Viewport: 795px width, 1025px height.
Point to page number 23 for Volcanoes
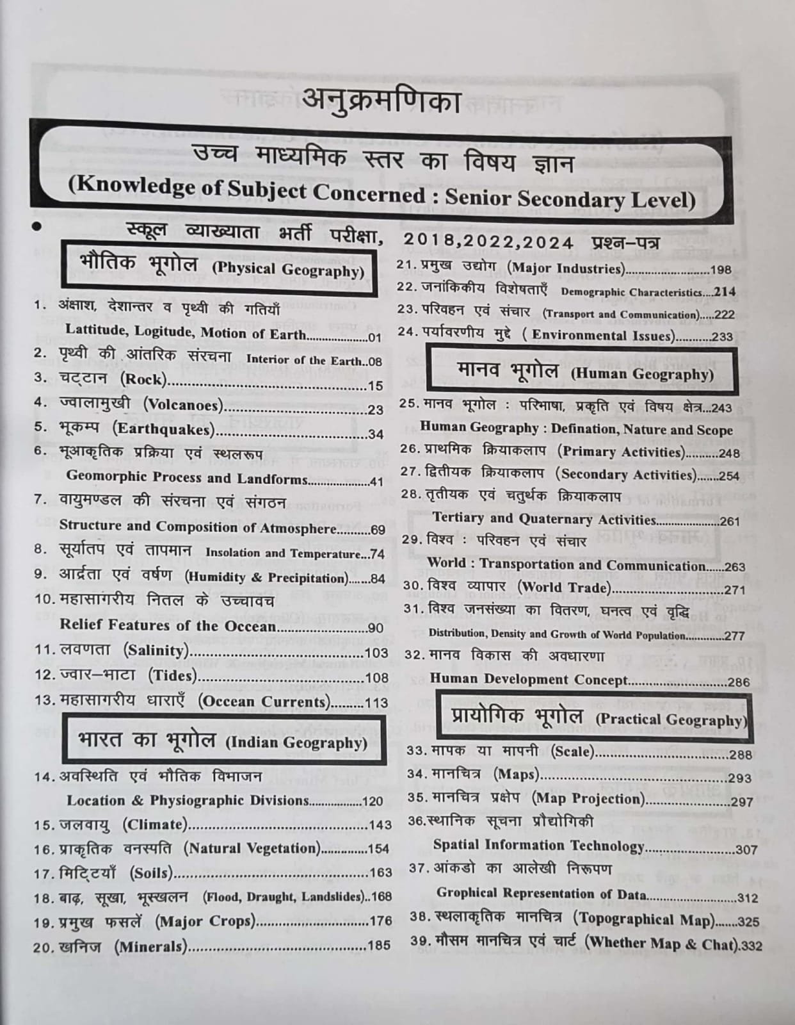tap(376, 410)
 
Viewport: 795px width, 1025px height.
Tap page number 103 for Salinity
tap(376, 653)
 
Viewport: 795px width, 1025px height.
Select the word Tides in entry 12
tap(172, 676)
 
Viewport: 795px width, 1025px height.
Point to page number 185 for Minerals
tap(378, 946)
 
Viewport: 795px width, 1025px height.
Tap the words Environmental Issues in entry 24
tap(602, 335)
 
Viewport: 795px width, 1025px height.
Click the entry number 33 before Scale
tap(417, 751)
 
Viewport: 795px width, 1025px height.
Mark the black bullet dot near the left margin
tap(36, 226)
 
